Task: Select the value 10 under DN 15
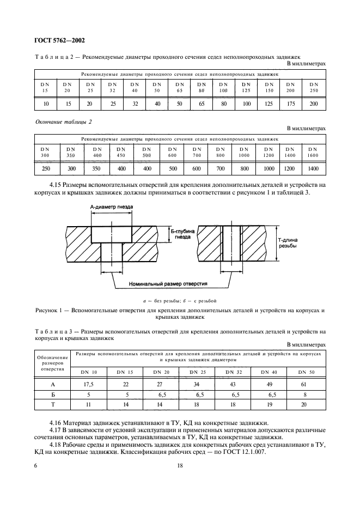tap(46, 103)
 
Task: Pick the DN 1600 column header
tap(314, 151)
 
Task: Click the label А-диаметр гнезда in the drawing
tap(112, 208)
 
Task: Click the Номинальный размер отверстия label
tap(161, 284)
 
